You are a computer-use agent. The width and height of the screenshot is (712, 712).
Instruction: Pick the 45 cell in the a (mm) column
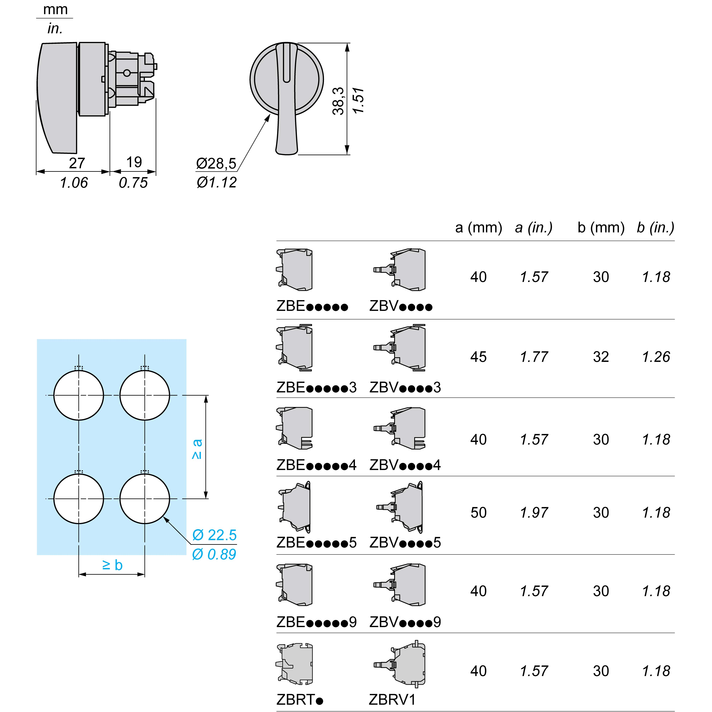tap(478, 357)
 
